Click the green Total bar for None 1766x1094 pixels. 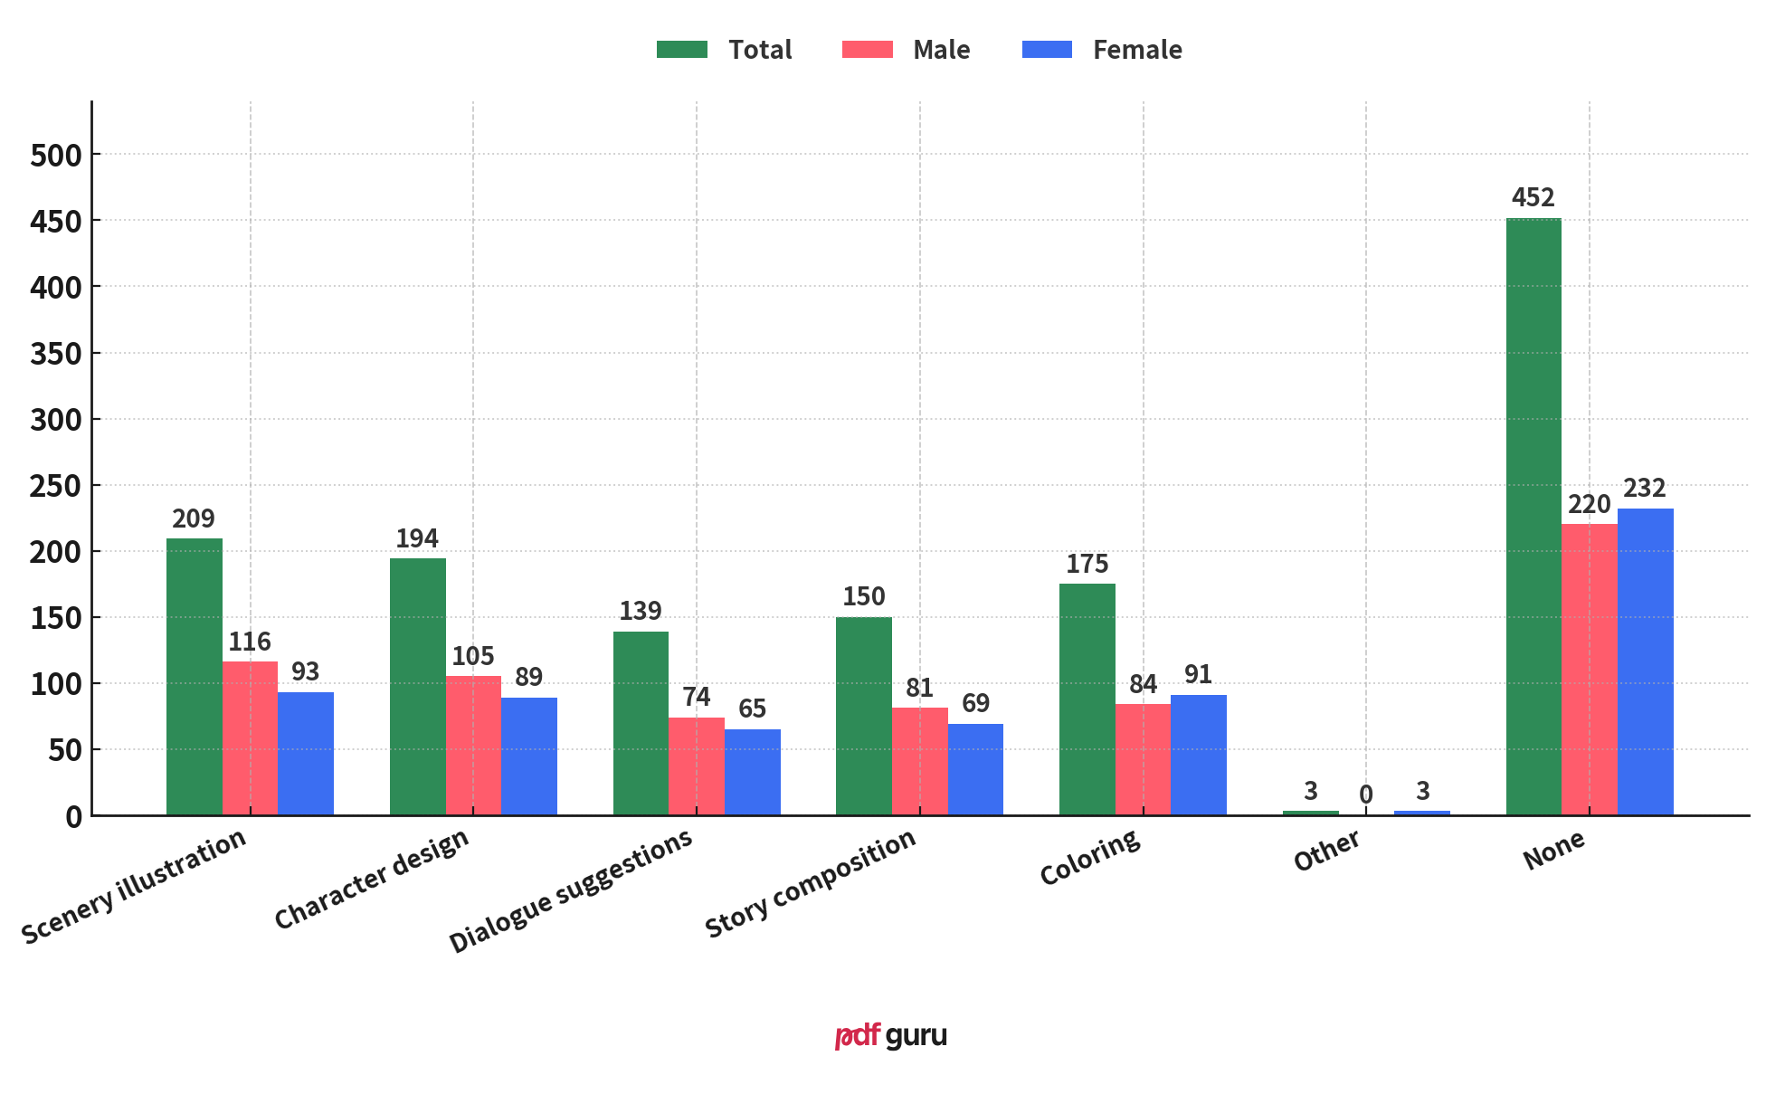[x=1533, y=516]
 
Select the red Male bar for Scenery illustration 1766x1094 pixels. [x=250, y=737]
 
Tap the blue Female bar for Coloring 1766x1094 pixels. [x=1198, y=755]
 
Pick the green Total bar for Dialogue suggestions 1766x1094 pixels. [x=641, y=723]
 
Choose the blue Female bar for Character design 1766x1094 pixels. [x=528, y=756]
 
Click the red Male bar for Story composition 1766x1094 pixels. [x=919, y=761]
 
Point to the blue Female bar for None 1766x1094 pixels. [x=1645, y=661]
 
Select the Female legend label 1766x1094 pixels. [x=1136, y=50]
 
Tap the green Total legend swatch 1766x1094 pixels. [x=682, y=50]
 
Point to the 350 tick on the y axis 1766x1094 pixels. [x=56, y=354]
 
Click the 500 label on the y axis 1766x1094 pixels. [x=56, y=156]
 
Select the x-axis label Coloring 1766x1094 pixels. [x=1090, y=858]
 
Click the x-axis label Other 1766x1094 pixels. [x=1327, y=851]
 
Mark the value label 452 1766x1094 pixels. [x=1533, y=197]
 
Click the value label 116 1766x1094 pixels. [x=249, y=642]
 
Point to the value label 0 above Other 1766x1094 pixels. [x=1365, y=794]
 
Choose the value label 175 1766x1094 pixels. [x=1087, y=564]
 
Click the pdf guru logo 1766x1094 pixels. [x=890, y=1035]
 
